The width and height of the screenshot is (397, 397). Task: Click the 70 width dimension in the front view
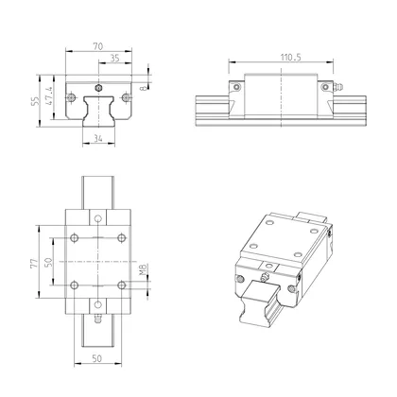(x=99, y=44)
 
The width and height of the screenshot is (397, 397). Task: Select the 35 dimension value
(x=114, y=58)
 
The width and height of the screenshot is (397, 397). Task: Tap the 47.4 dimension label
(x=50, y=97)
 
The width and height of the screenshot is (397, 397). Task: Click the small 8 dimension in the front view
(x=145, y=89)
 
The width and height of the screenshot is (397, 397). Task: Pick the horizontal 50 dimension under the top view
(x=98, y=360)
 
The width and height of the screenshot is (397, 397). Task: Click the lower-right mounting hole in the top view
(x=121, y=283)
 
